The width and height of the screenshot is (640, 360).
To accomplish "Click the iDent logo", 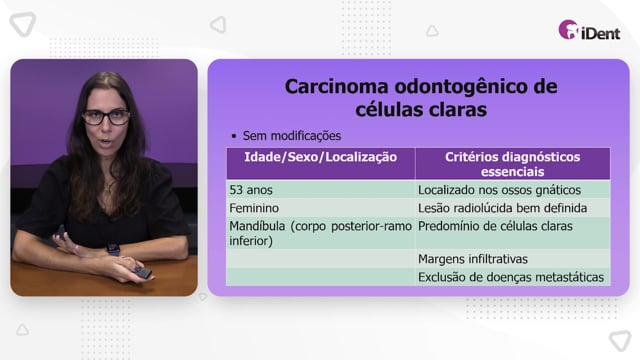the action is [589, 30].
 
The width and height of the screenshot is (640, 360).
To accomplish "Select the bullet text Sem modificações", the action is [292, 136].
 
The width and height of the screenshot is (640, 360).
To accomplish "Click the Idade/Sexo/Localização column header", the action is [320, 157].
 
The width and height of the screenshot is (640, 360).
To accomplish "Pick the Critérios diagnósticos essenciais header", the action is [513, 164].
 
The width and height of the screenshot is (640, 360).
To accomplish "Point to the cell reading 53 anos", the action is [251, 190].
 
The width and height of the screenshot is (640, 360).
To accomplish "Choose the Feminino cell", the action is [254, 208].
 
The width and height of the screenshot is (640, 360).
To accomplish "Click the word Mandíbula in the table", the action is [257, 226].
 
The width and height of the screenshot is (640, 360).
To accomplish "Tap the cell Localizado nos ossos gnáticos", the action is [499, 190].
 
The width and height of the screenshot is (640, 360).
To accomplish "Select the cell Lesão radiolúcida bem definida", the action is [502, 208].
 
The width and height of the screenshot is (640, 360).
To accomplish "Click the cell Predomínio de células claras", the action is [495, 226].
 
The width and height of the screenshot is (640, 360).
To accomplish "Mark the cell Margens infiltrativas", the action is [473, 259].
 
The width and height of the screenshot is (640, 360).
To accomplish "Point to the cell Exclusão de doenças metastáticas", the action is [511, 278].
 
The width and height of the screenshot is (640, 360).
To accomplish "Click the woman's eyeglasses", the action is [106, 118].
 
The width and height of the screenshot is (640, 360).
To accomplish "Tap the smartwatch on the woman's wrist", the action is [113, 249].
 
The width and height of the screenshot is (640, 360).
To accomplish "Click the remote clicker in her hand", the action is [143, 272].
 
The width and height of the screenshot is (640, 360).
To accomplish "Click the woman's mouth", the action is [106, 143].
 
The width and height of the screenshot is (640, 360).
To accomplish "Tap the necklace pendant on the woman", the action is [107, 189].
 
